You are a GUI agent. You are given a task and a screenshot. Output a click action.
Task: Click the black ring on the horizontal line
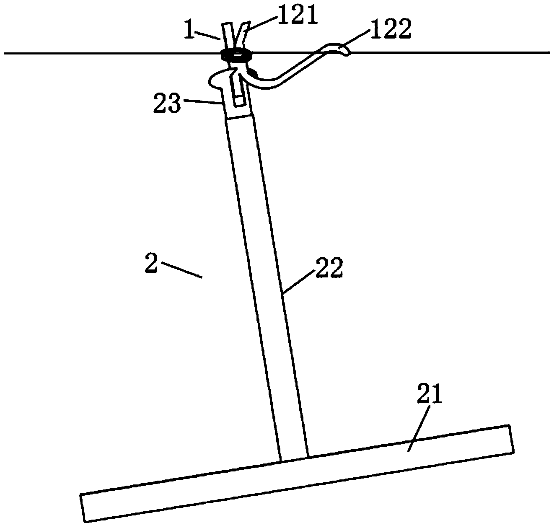pyautogui.click(x=236, y=54)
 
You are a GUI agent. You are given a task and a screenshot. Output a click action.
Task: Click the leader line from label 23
pyautogui.click(x=201, y=101)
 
